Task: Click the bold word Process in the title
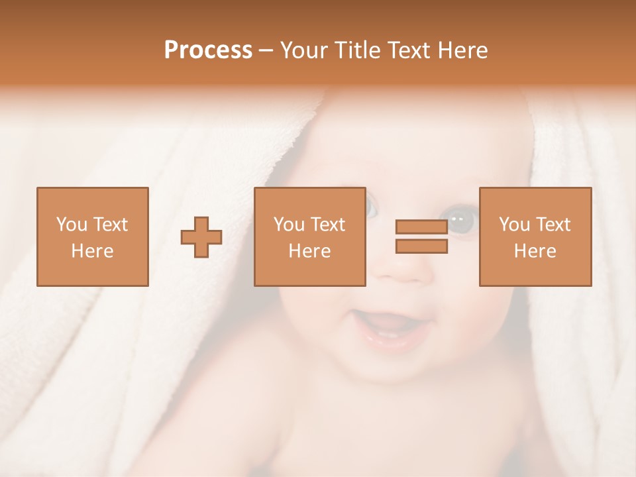(208, 50)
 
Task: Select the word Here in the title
(462, 50)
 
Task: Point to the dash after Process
(266, 50)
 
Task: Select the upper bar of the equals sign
(421, 227)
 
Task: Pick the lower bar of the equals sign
(421, 246)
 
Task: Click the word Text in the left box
(110, 225)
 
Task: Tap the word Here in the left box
(92, 251)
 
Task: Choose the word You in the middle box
(289, 225)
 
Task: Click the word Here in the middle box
(309, 251)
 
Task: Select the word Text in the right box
(553, 225)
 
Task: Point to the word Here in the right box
(535, 251)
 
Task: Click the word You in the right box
(514, 225)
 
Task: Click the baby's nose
(397, 268)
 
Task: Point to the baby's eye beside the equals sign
(462, 221)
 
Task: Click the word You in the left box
(72, 225)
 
